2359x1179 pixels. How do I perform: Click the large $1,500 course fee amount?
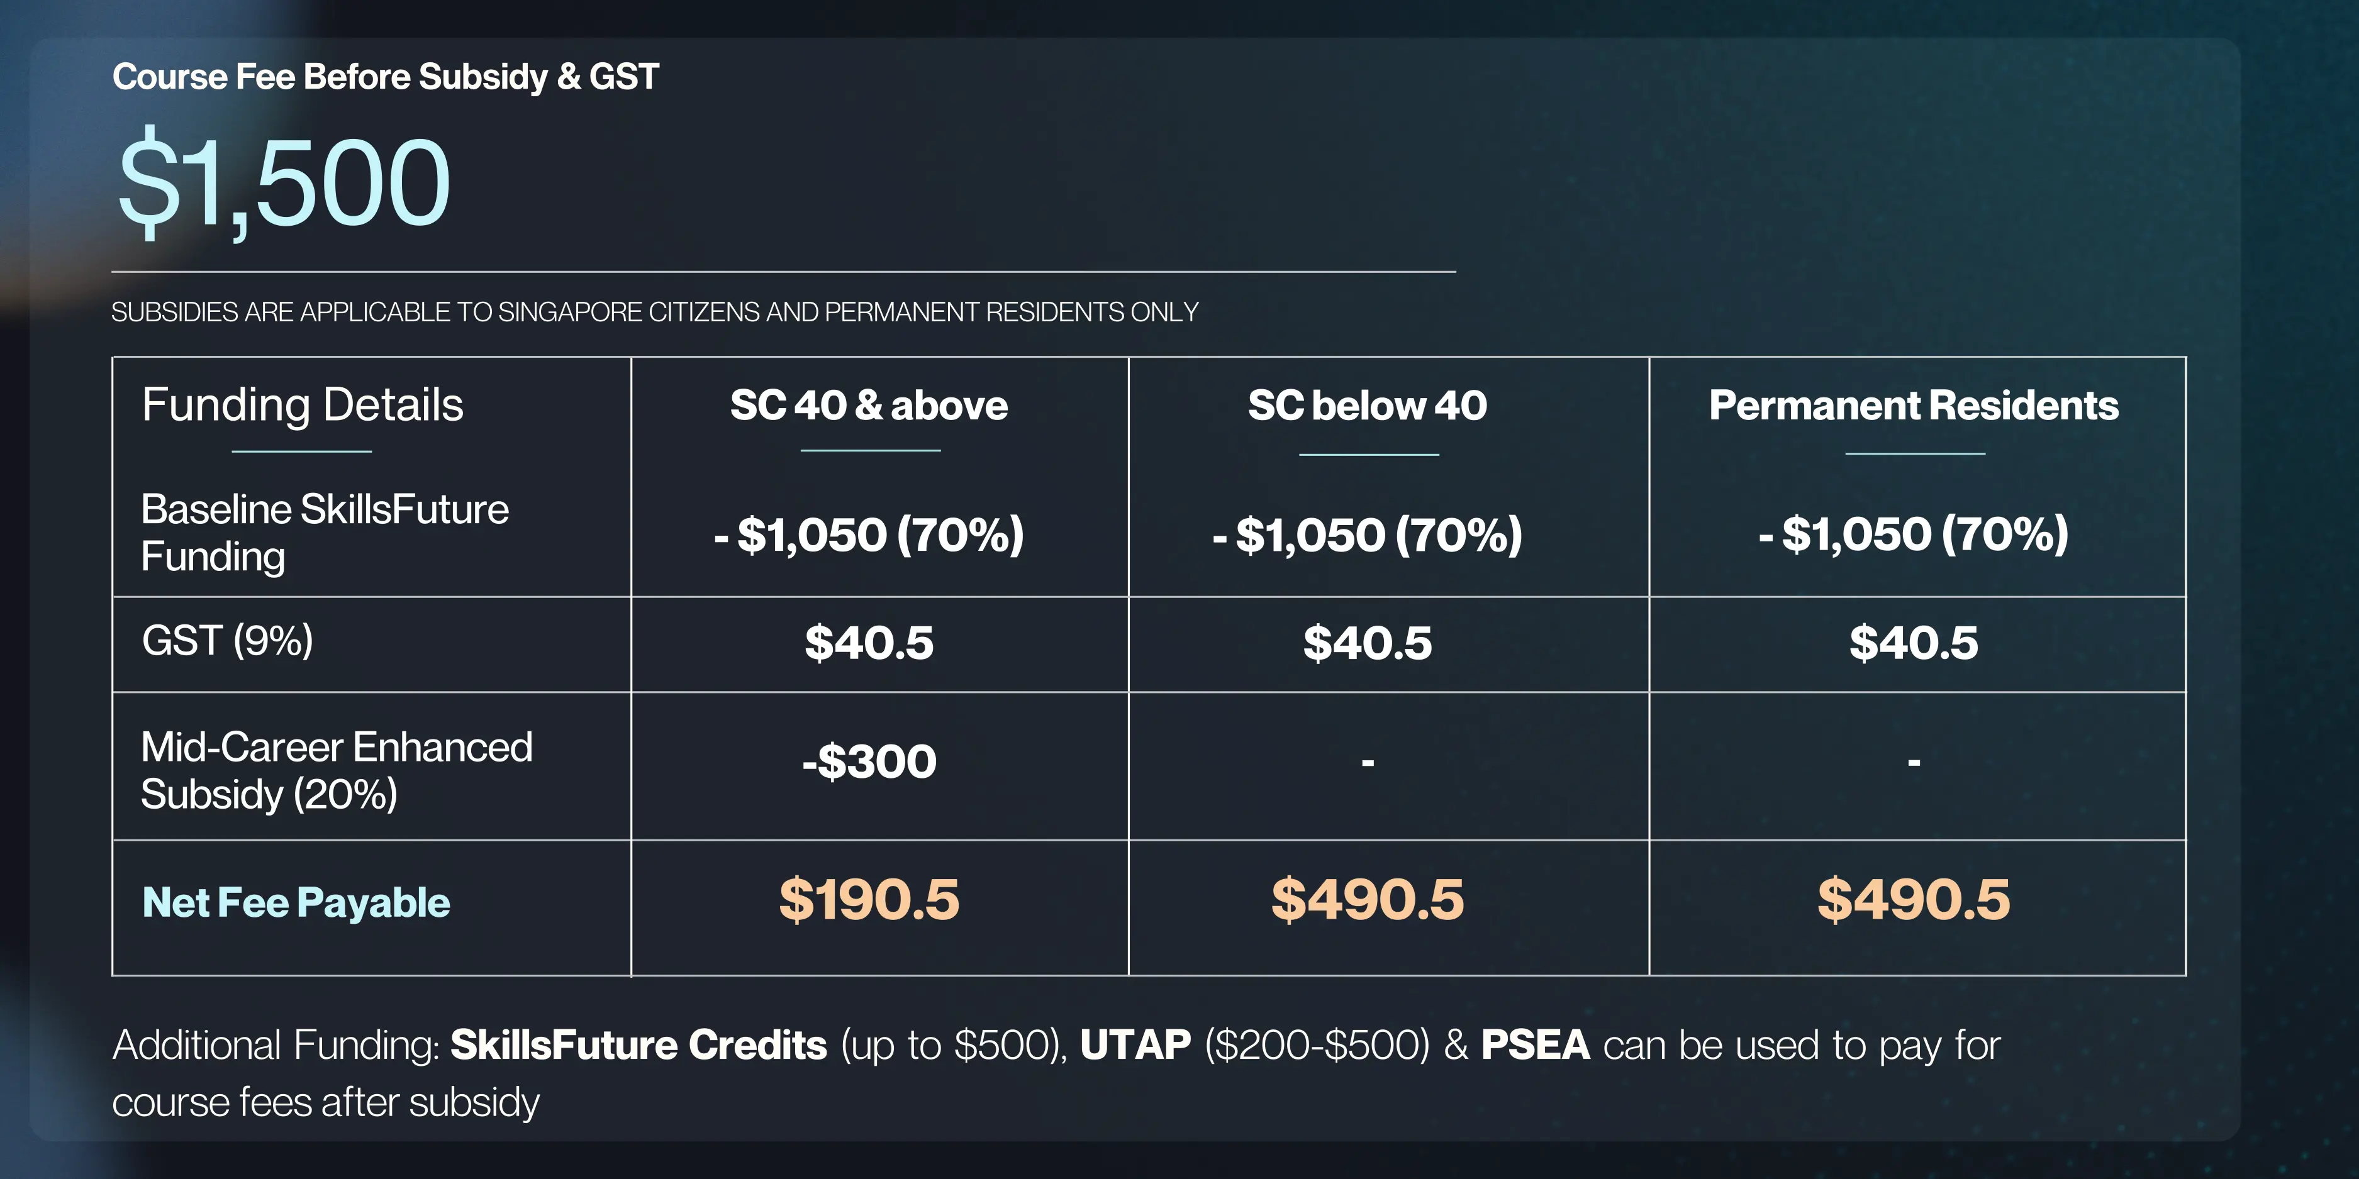point(284,181)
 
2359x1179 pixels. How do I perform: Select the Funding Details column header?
point(302,404)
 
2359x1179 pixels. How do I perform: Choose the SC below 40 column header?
point(1367,404)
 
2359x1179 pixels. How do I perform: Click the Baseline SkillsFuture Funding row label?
point(324,533)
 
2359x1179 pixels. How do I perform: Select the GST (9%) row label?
point(227,640)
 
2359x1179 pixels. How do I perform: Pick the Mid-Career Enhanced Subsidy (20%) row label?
point(336,770)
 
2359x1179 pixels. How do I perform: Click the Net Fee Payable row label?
point(296,902)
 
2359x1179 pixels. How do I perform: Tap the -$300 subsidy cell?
point(869,761)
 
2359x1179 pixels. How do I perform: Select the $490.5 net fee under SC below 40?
point(1367,899)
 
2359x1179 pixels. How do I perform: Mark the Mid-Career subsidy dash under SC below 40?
point(1367,761)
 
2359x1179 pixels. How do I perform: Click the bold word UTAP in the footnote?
point(1135,1044)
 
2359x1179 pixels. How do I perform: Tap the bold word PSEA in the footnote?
point(1536,1044)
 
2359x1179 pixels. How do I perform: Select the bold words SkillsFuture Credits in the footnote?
point(639,1044)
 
